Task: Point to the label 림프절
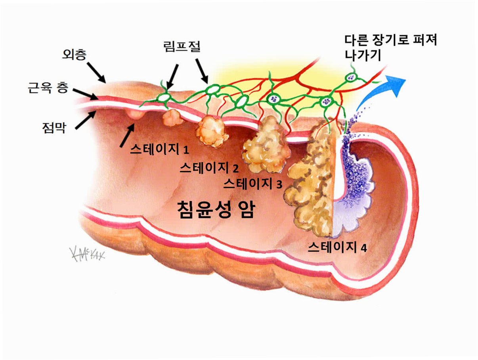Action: click(182, 47)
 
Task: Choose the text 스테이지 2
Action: click(209, 168)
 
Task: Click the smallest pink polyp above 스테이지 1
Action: click(135, 114)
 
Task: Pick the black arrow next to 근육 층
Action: click(85, 94)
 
